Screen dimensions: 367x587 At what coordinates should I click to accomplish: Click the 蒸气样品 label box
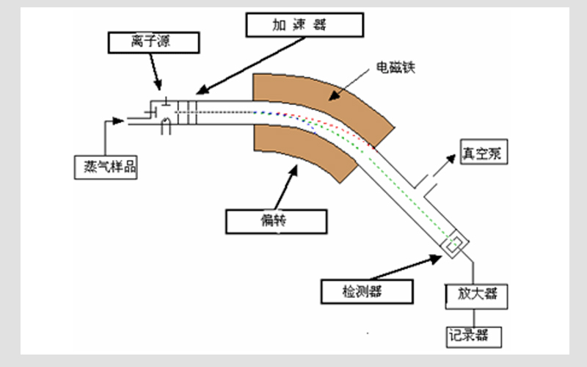tap(106, 166)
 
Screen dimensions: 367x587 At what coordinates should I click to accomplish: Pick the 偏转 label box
tap(274, 219)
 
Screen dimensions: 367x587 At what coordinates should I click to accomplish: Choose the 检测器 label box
tap(362, 291)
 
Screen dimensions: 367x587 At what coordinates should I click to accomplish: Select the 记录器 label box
tap(475, 335)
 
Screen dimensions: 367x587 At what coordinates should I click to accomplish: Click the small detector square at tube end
tap(455, 245)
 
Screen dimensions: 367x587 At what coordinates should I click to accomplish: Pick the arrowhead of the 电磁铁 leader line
tap(333, 95)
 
